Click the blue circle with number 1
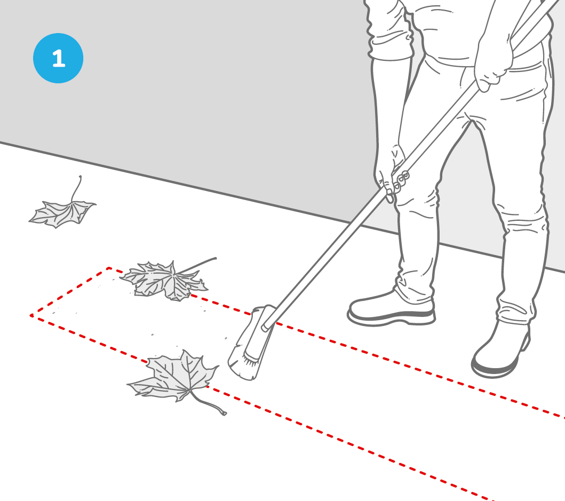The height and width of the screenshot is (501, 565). click(x=58, y=58)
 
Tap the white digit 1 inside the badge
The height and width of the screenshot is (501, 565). click(x=59, y=58)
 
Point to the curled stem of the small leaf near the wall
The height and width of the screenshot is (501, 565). click(x=76, y=188)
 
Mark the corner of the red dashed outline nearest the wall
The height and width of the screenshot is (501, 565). click(x=109, y=268)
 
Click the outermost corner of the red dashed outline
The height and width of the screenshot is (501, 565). click(x=31, y=316)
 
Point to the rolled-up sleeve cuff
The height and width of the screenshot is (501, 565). click(x=391, y=48)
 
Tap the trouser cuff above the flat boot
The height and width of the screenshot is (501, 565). click(x=415, y=290)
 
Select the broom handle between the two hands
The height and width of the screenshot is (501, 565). click(x=436, y=132)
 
